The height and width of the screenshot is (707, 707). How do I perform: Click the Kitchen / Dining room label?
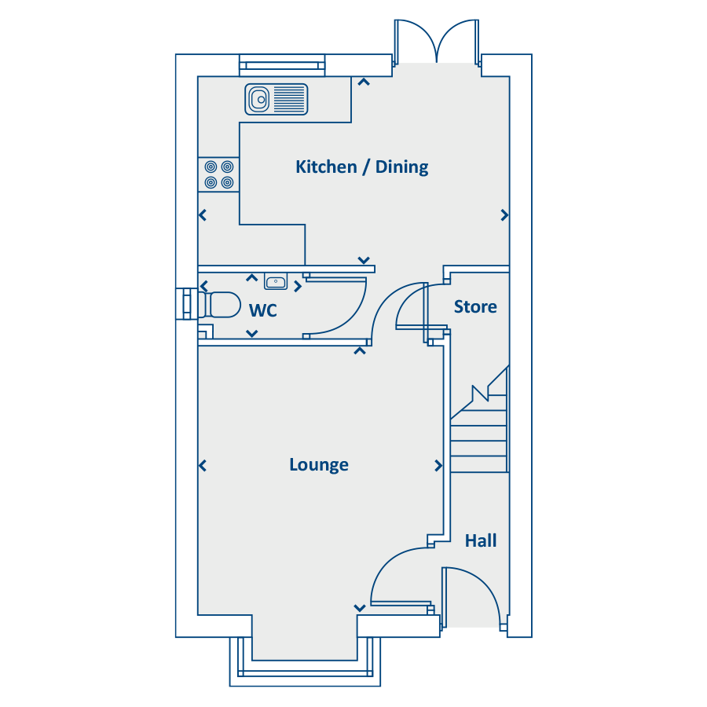click(362, 167)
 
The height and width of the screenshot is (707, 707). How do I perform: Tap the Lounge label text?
click(319, 465)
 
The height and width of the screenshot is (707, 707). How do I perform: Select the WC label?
click(262, 311)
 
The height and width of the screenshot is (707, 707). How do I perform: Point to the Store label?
click(475, 306)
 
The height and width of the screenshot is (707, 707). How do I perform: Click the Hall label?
click(481, 541)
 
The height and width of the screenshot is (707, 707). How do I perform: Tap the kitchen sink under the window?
click(276, 99)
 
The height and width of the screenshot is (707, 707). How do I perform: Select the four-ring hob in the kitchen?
click(219, 174)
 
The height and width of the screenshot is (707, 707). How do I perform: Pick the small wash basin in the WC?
click(276, 283)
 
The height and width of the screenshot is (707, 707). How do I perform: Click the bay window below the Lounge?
click(305, 668)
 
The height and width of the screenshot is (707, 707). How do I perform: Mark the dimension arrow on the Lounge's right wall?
click(438, 466)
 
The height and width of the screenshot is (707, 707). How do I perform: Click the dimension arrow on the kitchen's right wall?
click(504, 215)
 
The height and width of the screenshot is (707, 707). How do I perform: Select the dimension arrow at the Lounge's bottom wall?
click(359, 607)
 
